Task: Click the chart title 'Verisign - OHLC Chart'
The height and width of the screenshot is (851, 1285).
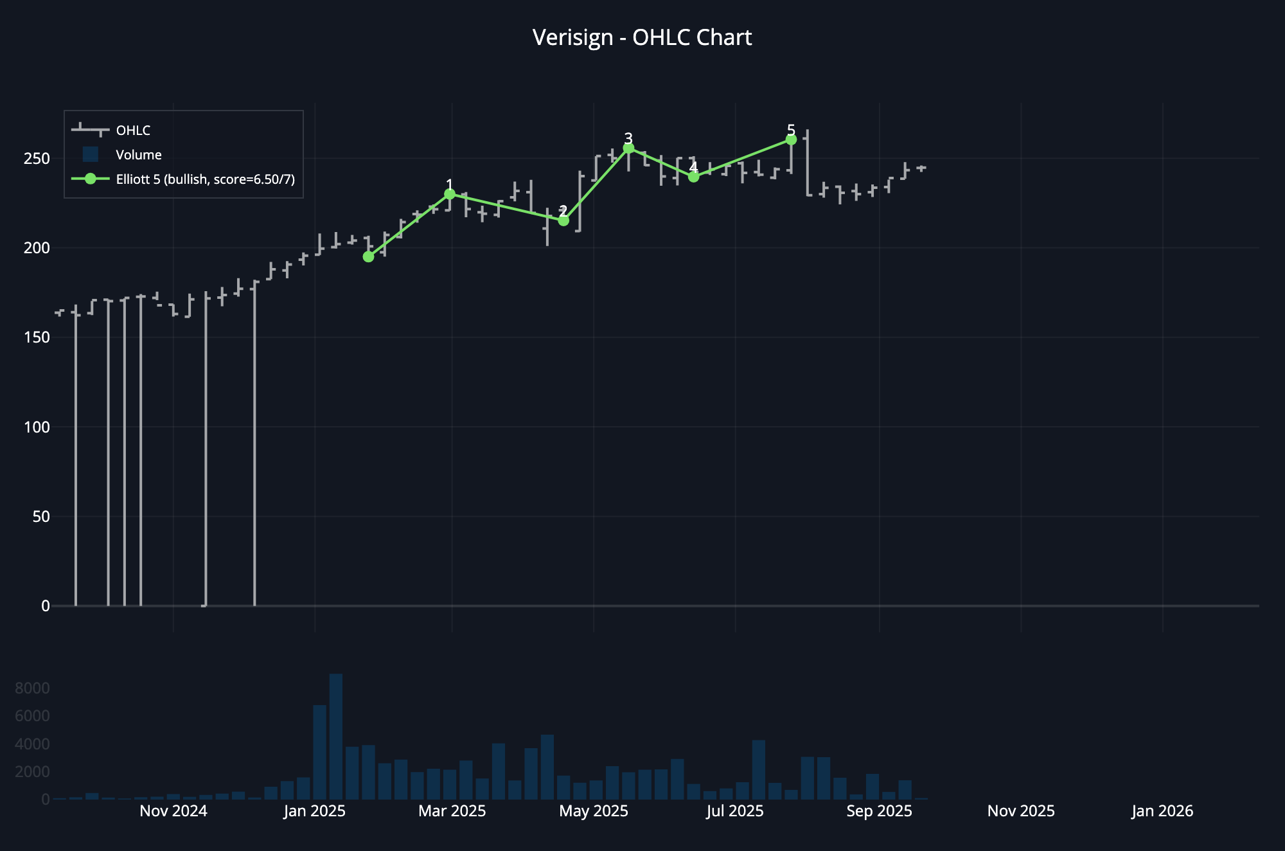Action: (642, 37)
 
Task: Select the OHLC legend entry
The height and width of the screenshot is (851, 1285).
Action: (132, 130)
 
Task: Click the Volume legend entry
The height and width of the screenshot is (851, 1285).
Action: (138, 155)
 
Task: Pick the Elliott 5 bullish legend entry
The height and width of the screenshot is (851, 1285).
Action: (205, 179)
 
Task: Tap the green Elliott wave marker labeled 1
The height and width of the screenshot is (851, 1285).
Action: (450, 194)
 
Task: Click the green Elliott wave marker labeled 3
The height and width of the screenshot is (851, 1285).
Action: (628, 148)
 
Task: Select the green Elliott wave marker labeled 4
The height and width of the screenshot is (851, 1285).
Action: (693, 177)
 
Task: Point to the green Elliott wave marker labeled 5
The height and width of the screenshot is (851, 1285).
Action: (791, 139)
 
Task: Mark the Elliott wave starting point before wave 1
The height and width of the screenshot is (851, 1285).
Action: (368, 256)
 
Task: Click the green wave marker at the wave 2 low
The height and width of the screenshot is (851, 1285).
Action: (563, 220)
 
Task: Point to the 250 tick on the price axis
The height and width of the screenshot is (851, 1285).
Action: (37, 159)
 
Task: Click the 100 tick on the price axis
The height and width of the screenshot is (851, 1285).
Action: (37, 427)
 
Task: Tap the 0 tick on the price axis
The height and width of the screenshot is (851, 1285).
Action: (45, 606)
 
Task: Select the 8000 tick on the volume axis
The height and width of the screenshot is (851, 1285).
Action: (32, 688)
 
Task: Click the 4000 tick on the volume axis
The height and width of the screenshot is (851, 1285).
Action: (32, 744)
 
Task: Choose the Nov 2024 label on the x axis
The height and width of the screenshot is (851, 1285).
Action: (173, 811)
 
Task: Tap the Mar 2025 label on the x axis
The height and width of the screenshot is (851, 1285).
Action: (452, 811)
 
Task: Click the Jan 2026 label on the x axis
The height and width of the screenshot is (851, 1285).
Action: (1162, 811)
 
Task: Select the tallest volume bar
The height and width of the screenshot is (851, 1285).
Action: (336, 737)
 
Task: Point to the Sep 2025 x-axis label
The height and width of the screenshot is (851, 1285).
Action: (879, 811)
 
